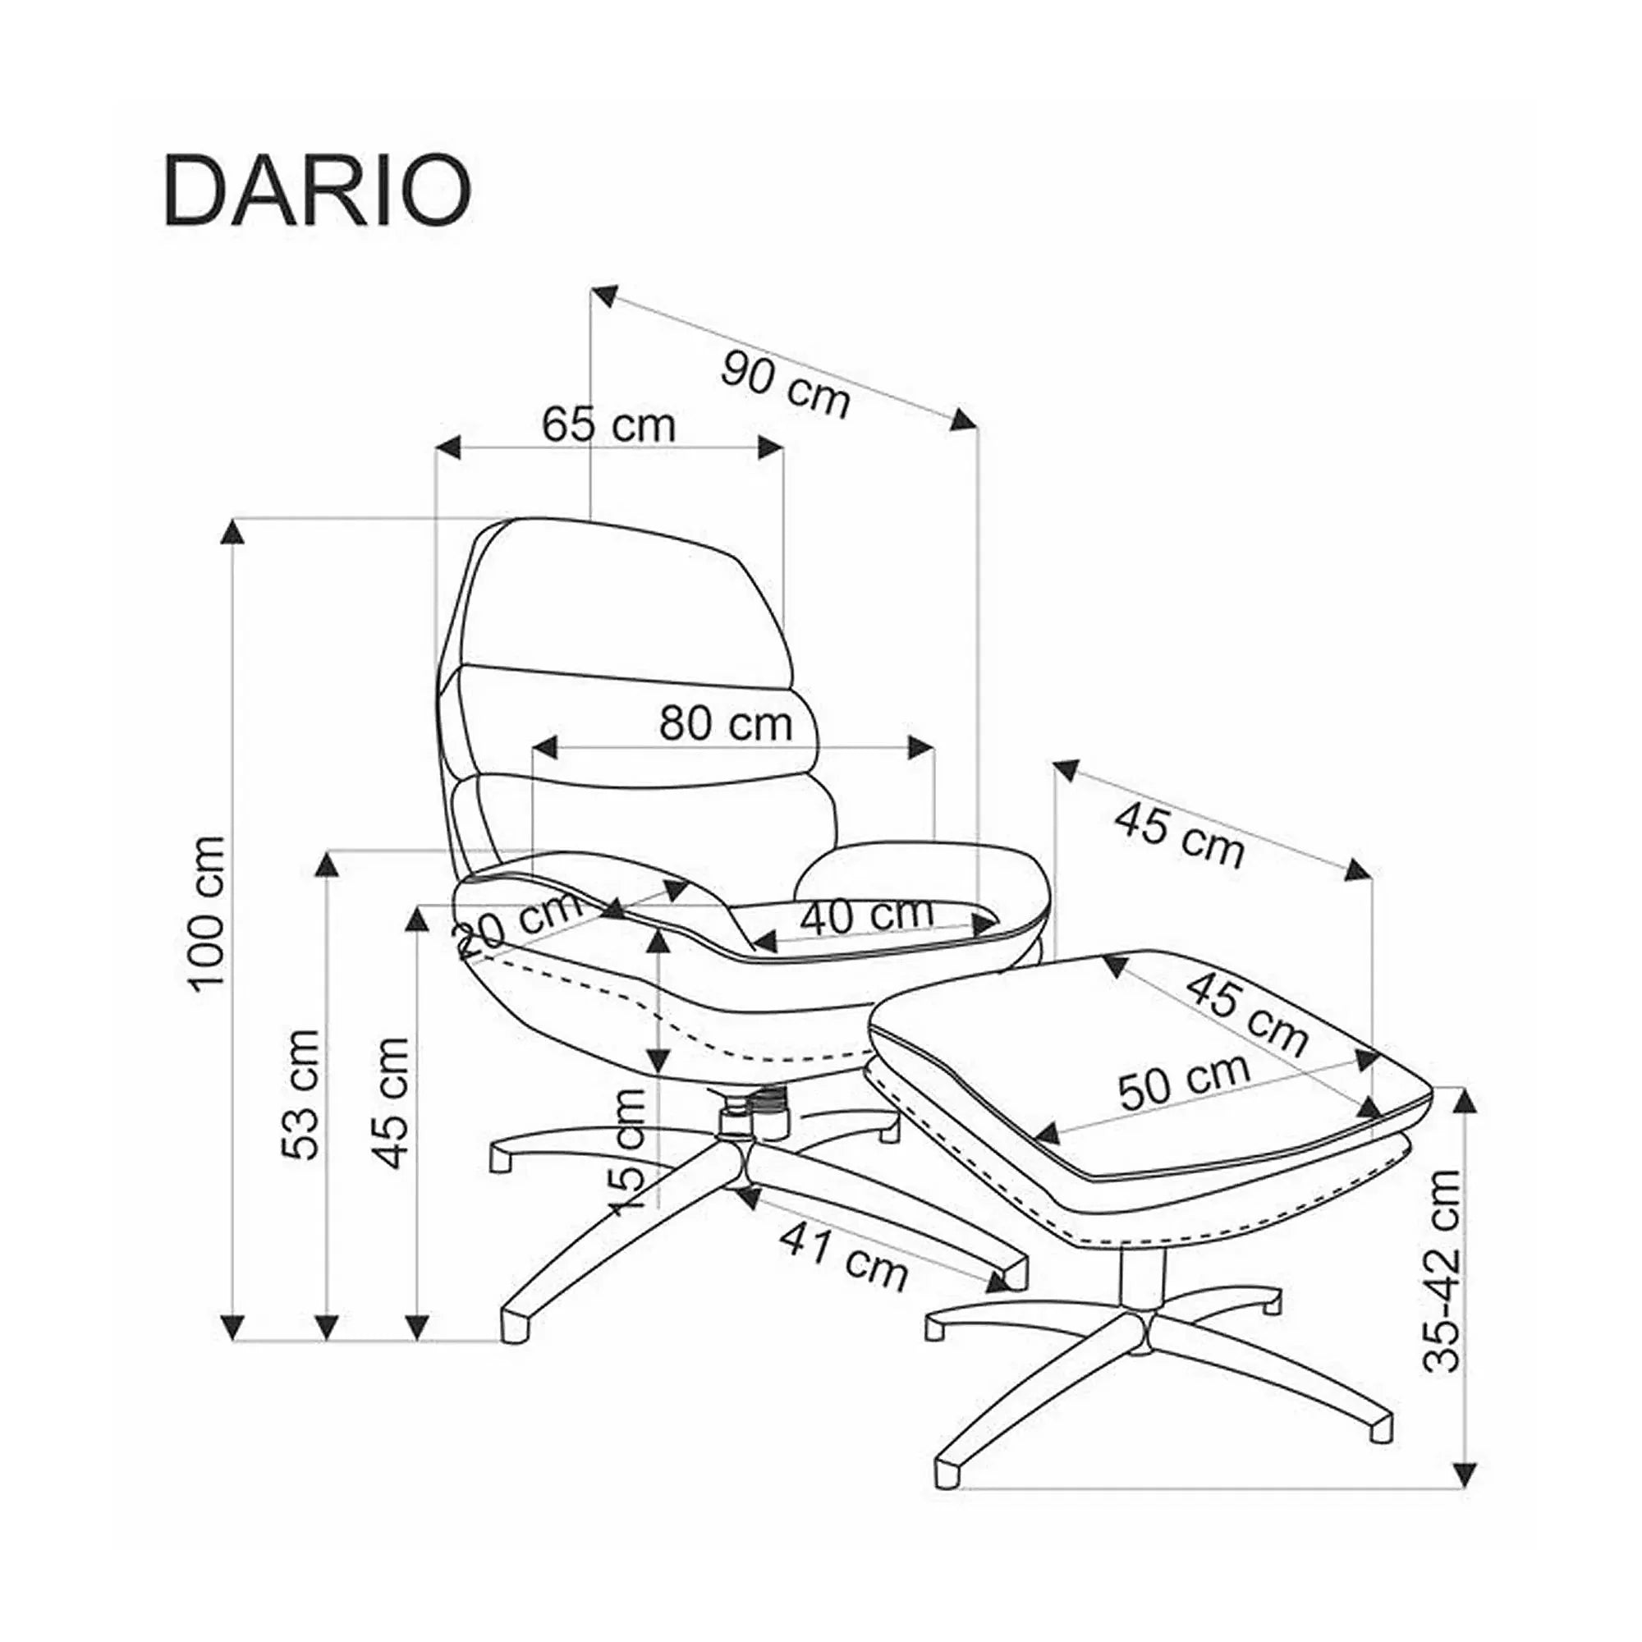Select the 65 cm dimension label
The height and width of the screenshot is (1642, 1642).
(609, 424)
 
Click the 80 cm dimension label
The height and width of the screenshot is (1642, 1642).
(726, 723)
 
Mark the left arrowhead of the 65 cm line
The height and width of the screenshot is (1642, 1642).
(449, 448)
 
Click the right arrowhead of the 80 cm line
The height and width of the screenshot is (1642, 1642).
(920, 748)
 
